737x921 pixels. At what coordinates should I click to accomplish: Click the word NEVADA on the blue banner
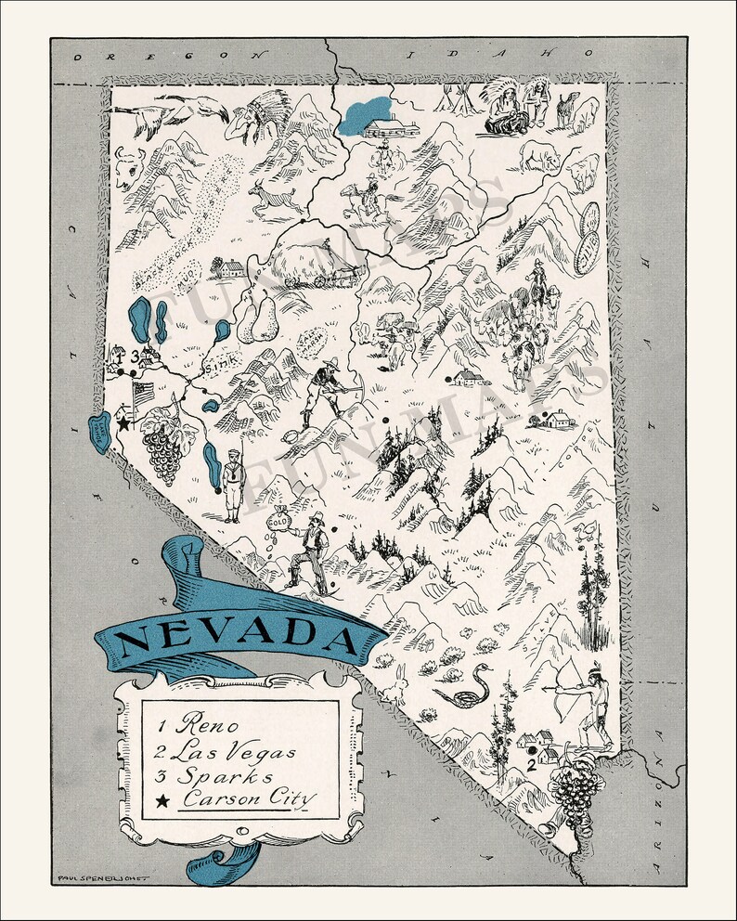[x=239, y=637]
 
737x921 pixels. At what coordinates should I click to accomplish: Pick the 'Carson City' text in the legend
[x=249, y=798]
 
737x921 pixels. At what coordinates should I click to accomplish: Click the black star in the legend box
[x=163, y=799]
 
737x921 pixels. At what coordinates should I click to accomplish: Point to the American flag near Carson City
[x=145, y=396]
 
